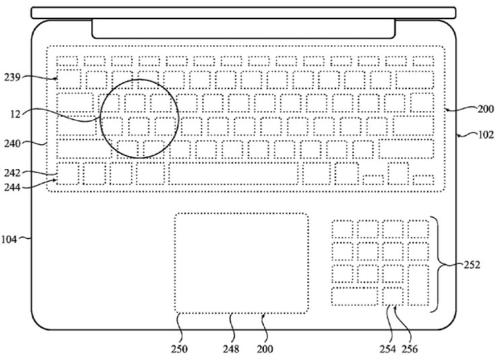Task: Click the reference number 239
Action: click(12, 77)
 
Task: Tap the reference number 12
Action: click(15, 114)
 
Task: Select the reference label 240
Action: click(12, 144)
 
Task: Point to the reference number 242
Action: click(12, 173)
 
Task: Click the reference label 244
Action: click(12, 187)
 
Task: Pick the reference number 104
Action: click(9, 239)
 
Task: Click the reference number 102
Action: click(486, 135)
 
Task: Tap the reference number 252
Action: click(472, 264)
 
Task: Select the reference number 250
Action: click(180, 349)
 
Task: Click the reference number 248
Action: click(231, 349)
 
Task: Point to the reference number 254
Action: click(388, 349)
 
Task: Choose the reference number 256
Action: click(410, 349)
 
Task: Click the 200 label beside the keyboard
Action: click(486, 109)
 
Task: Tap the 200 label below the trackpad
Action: click(265, 349)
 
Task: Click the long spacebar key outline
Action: click(234, 174)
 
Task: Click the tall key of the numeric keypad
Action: click(419, 285)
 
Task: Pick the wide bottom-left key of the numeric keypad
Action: click(355, 296)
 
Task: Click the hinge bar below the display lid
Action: click(244, 28)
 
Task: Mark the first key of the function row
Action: click(67, 61)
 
